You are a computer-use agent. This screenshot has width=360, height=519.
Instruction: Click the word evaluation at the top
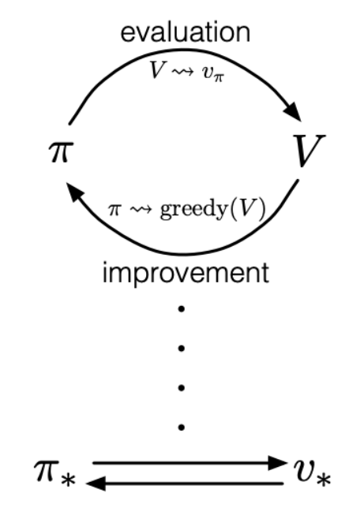pyautogui.click(x=186, y=32)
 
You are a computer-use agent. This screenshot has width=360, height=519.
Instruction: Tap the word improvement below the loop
pyautogui.click(x=186, y=273)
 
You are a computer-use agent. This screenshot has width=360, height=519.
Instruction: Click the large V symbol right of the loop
pyautogui.click(x=309, y=151)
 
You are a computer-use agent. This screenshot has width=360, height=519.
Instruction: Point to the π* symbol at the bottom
pyautogui.click(x=54, y=472)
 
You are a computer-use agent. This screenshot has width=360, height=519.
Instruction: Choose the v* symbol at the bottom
pyautogui.click(x=312, y=472)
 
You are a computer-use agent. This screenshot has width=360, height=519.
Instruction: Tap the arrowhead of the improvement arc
pyautogui.click(x=76, y=192)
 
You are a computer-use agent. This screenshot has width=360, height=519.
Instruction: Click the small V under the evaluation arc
pyautogui.click(x=156, y=69)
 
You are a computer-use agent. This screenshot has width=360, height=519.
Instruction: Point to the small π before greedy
pyautogui.click(x=114, y=210)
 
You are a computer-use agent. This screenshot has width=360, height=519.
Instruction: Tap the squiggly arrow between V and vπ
pyautogui.click(x=182, y=72)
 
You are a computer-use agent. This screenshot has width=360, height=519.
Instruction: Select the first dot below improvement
pyautogui.click(x=181, y=309)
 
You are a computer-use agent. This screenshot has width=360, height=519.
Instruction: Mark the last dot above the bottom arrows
pyautogui.click(x=181, y=428)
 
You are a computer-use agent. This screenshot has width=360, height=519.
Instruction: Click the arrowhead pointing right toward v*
pyautogui.click(x=277, y=463)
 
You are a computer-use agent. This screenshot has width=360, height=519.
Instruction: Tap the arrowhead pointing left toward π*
pyautogui.click(x=96, y=484)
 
